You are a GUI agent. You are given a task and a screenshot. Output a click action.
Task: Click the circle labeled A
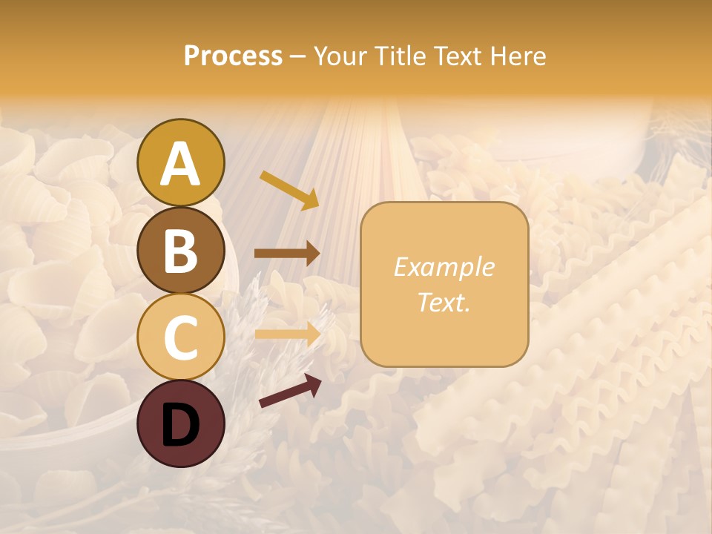(x=180, y=162)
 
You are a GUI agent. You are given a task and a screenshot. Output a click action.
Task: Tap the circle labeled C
(x=180, y=337)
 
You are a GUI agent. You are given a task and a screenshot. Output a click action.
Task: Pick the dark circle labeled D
(x=180, y=423)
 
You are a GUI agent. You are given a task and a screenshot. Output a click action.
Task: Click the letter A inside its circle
(x=180, y=164)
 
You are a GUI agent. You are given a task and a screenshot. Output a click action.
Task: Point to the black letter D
(x=180, y=425)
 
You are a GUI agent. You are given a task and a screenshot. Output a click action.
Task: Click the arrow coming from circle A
(x=289, y=190)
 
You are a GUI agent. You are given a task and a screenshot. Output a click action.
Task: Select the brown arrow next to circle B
(x=287, y=254)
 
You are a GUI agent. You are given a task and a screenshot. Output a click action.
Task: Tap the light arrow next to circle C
(x=287, y=334)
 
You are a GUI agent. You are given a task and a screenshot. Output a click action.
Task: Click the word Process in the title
(x=233, y=56)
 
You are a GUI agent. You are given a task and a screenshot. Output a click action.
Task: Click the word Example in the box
(x=444, y=267)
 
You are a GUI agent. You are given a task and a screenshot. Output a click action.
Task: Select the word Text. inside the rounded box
(x=444, y=302)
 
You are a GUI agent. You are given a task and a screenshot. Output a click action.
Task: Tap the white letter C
(x=180, y=338)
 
